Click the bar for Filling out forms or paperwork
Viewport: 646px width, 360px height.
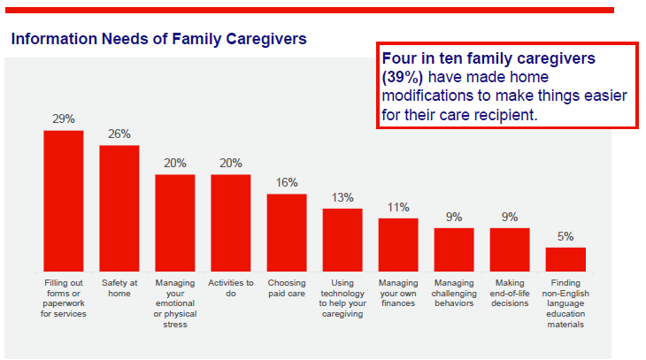click(x=64, y=201)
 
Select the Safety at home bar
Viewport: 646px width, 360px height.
click(x=119, y=208)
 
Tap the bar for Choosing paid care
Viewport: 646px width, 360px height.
click(x=287, y=233)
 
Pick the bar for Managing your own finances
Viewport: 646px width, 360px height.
click(x=398, y=244)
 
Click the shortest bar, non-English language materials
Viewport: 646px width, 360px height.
click(x=565, y=259)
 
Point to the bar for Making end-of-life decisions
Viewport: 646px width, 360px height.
click(x=510, y=249)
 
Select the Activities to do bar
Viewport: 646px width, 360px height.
click(x=231, y=223)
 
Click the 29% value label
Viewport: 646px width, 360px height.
click(x=64, y=119)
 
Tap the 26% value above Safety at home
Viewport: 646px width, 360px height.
click(x=119, y=134)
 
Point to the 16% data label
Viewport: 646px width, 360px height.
click(x=287, y=182)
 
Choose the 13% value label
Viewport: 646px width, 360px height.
click(x=342, y=197)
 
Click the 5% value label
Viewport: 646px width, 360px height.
click(x=565, y=236)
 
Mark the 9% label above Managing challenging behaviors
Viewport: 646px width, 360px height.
click(x=454, y=217)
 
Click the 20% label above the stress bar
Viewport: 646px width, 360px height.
click(x=175, y=163)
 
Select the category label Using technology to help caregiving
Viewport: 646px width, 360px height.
click(x=342, y=298)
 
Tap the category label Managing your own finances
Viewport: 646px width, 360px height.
click(x=398, y=293)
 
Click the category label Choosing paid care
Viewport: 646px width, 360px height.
click(x=287, y=287)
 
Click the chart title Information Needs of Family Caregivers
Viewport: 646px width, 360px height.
click(x=158, y=39)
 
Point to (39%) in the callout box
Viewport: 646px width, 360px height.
click(x=403, y=77)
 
